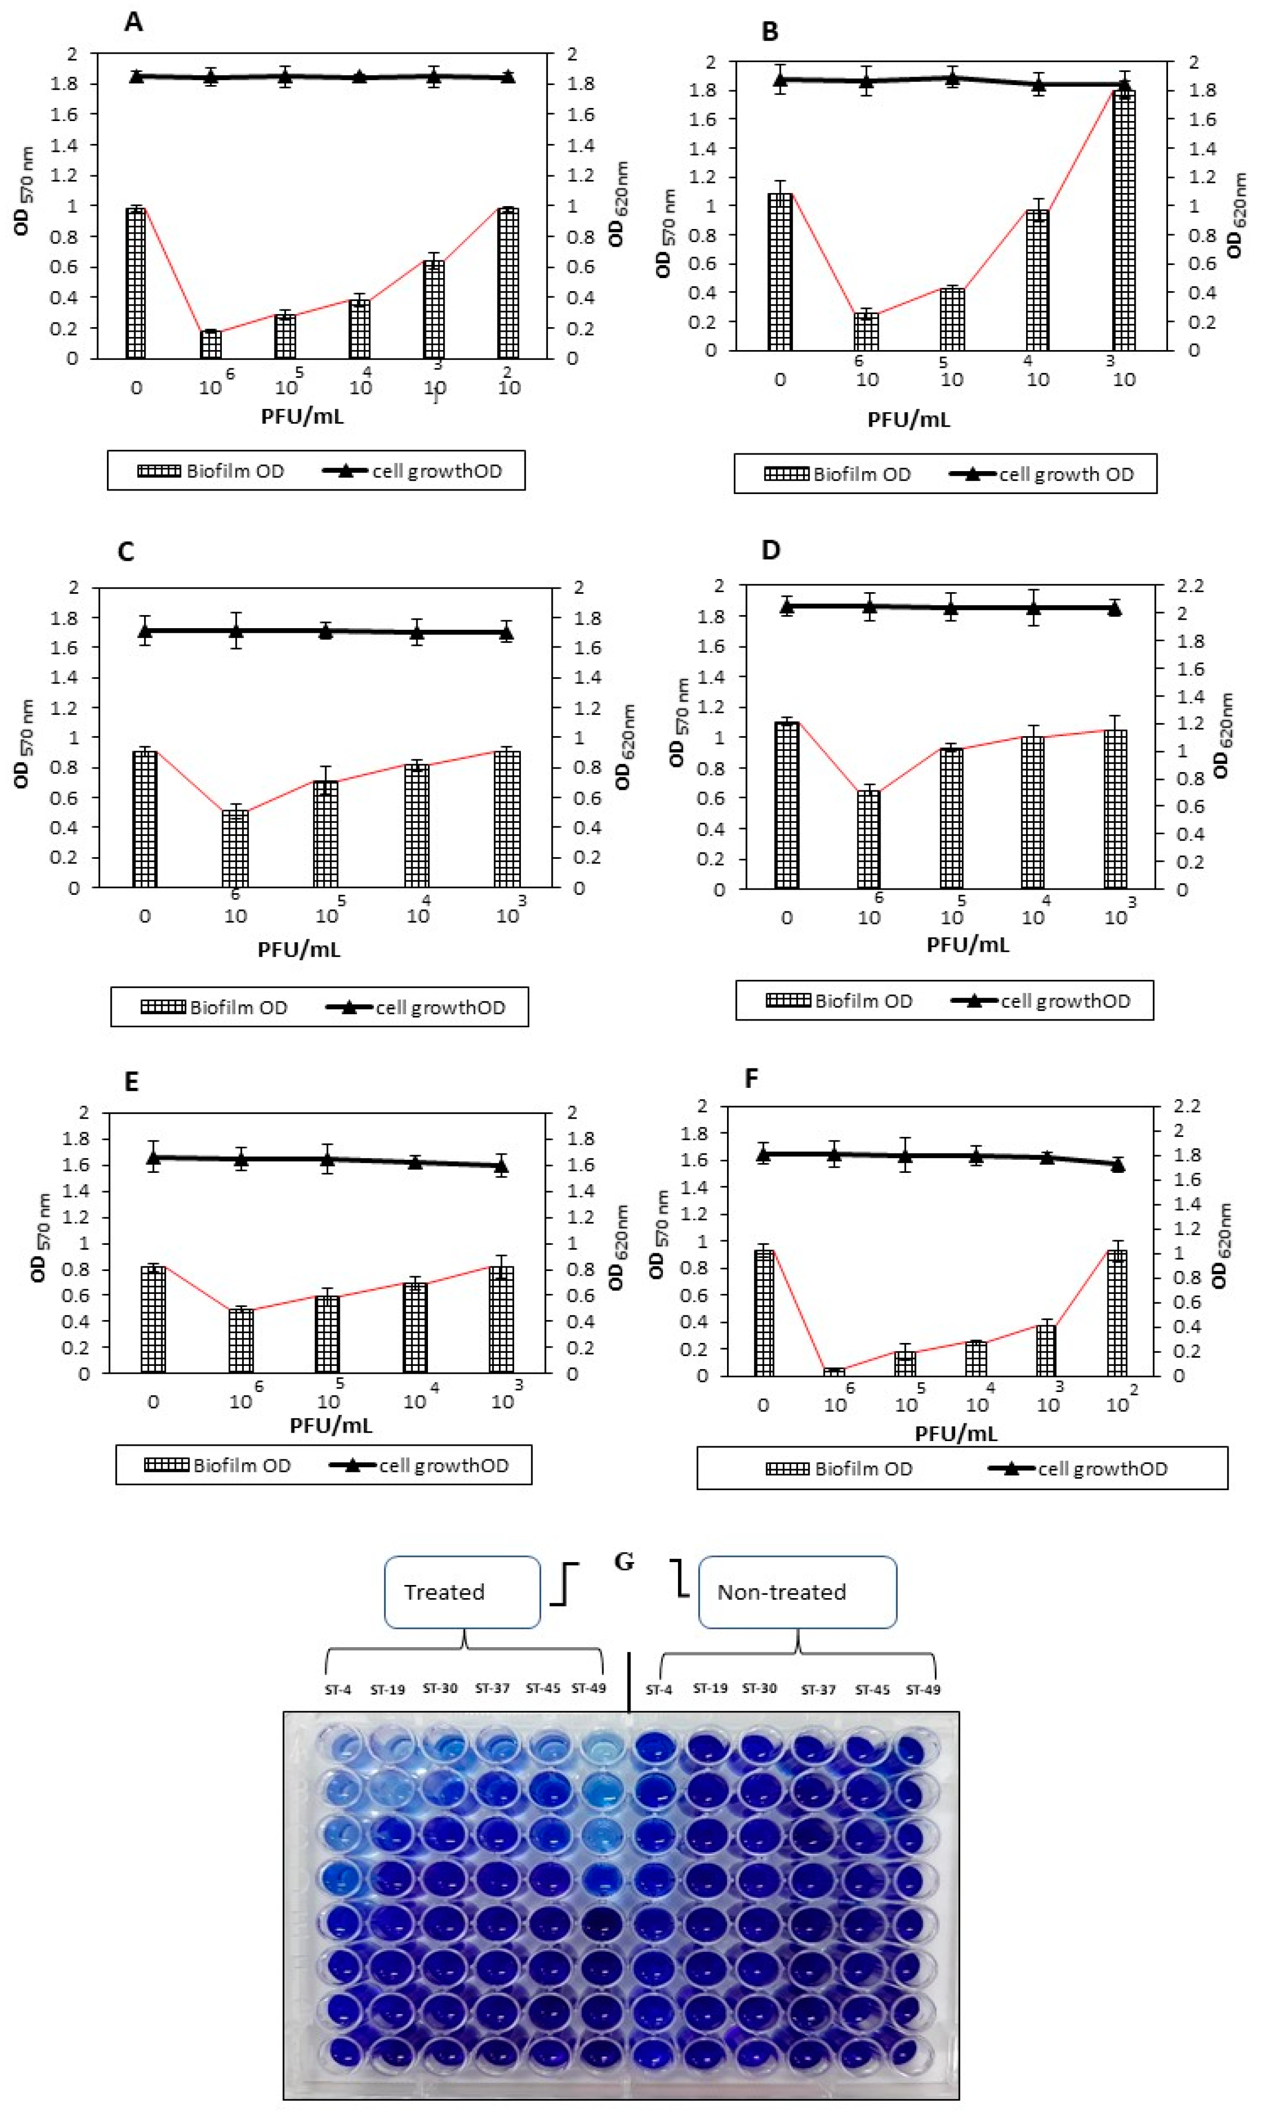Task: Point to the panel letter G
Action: coord(624,1562)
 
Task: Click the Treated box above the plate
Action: coord(462,1592)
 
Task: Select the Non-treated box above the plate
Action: coord(797,1592)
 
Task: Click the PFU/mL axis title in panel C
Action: coord(300,950)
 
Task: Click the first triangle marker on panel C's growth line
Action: coord(146,631)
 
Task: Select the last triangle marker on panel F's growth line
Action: coord(1117,1165)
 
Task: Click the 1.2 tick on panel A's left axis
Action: coord(65,175)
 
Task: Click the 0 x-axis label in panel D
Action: coord(787,918)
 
